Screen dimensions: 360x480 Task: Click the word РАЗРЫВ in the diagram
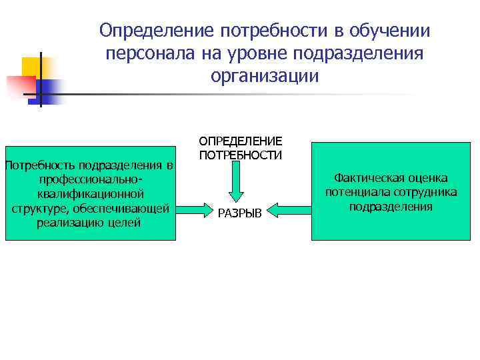[x=241, y=212]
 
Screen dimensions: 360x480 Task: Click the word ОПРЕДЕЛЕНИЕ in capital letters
[x=241, y=141]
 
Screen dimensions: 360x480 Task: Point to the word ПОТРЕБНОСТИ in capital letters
[x=241, y=155]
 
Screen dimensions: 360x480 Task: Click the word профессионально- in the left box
[x=90, y=179]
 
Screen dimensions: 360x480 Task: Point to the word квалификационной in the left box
[x=90, y=194]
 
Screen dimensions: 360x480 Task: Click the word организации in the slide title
[x=265, y=76]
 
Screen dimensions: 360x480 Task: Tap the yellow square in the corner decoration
[x=32, y=67]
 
